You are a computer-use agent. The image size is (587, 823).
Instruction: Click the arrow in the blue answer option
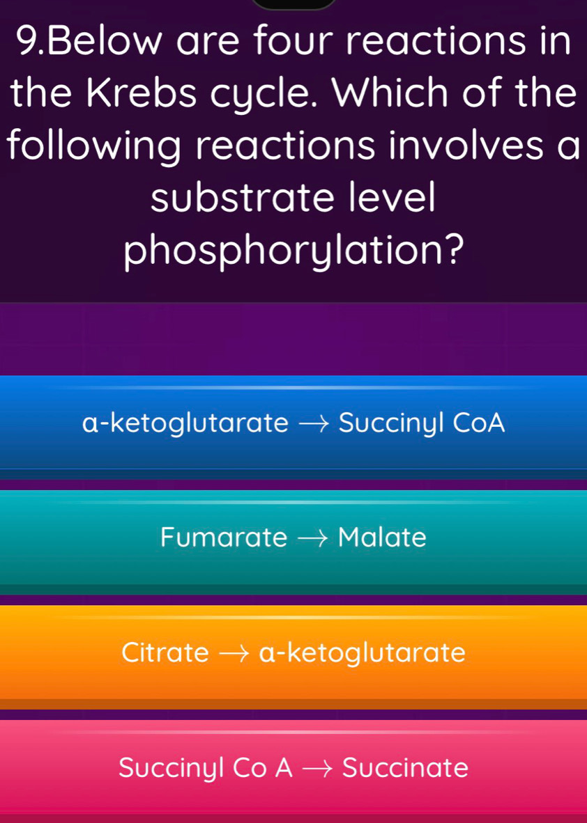(313, 423)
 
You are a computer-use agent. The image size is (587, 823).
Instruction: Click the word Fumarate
(223, 538)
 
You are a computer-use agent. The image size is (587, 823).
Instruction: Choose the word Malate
(382, 538)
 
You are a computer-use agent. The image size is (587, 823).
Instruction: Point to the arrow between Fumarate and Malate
(312, 538)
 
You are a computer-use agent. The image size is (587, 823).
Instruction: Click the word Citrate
(165, 653)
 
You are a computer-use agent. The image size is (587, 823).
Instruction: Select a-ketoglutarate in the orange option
(362, 653)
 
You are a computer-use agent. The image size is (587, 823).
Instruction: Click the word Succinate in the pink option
(405, 768)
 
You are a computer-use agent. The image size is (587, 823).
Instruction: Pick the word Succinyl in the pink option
(171, 769)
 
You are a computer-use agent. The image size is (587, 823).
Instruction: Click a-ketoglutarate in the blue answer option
(185, 423)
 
